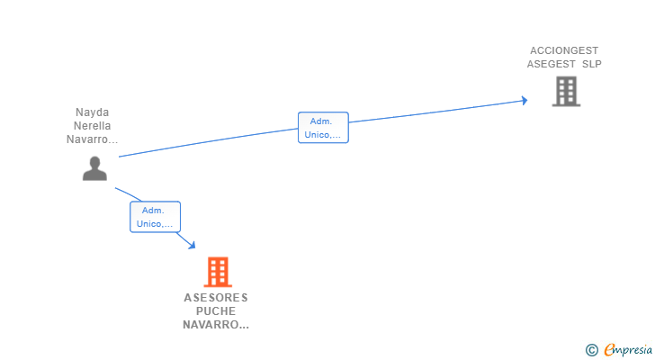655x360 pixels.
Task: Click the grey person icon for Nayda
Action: [94, 168]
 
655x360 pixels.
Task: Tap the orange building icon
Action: [217, 271]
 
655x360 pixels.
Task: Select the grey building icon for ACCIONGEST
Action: [565, 91]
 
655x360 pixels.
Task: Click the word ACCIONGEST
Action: [564, 51]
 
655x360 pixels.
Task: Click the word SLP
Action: [591, 64]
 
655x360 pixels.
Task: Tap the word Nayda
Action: [93, 113]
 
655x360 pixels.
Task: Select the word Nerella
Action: [93, 126]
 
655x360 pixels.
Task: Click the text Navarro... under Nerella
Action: [93, 139]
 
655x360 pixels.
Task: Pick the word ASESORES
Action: [216, 298]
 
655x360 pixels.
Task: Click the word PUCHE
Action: [216, 311]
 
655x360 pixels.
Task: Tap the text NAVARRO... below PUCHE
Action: [216, 325]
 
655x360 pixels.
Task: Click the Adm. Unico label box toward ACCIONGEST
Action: [323, 128]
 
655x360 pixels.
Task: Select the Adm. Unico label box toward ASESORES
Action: [155, 217]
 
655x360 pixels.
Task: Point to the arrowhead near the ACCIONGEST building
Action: [523, 101]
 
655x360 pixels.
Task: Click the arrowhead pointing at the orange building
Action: [191, 244]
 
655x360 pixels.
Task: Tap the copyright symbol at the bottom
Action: [591, 350]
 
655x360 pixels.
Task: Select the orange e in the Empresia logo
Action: [609, 350]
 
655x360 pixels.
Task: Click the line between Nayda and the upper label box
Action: [207, 143]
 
